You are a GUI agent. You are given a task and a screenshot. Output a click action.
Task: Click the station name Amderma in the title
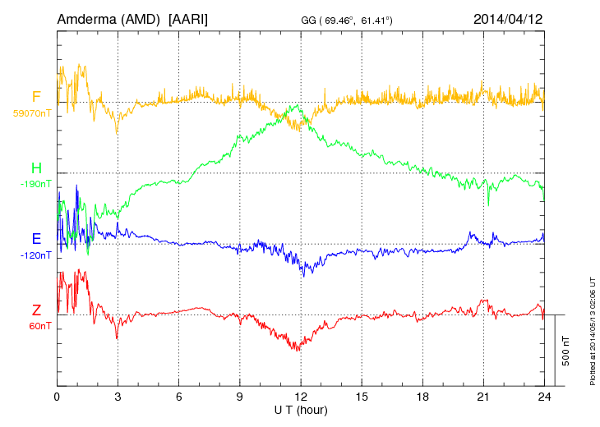pos(89,17)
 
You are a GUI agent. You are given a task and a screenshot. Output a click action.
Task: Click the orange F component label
pos(36,97)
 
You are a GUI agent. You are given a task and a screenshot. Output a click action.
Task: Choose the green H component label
pos(36,168)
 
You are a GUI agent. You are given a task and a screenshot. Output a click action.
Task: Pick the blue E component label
pos(36,239)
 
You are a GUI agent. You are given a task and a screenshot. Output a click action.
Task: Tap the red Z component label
pos(36,310)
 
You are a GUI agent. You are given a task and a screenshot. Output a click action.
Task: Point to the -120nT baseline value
pos(38,255)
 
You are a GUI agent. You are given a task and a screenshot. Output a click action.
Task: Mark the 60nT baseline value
pos(38,326)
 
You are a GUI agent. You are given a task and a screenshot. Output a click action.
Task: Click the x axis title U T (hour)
pos(301,409)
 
